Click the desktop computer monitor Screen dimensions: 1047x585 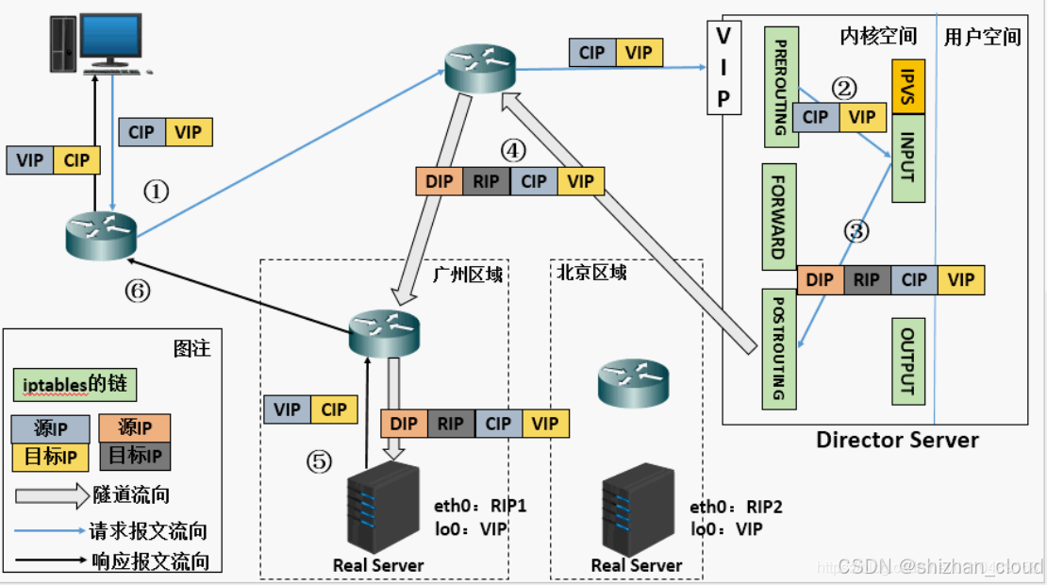tap(110, 39)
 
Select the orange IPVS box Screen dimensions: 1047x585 tap(908, 87)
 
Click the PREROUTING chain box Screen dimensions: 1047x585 tap(781, 87)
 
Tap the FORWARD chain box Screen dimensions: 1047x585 tap(779, 217)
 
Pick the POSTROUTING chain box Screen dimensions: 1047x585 tap(779, 349)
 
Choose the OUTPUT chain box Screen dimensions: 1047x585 tap(908, 361)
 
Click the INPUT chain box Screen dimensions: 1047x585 tap(908, 159)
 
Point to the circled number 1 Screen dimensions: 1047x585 tap(157, 192)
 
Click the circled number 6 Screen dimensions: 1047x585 tap(138, 291)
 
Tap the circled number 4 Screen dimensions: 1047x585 tap(513, 150)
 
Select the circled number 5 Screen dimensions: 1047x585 tap(319, 461)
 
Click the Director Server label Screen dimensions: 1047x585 tap(897, 440)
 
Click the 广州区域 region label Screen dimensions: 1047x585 tap(468, 274)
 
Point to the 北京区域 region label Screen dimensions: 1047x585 tap(591, 273)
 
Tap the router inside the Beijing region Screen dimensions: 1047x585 tap(633, 383)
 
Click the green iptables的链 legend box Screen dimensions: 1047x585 tap(75, 385)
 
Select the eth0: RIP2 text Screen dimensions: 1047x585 tap(736, 507)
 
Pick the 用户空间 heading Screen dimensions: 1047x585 tap(982, 37)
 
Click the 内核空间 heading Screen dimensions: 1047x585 tap(878, 36)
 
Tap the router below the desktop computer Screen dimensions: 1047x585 tap(102, 236)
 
